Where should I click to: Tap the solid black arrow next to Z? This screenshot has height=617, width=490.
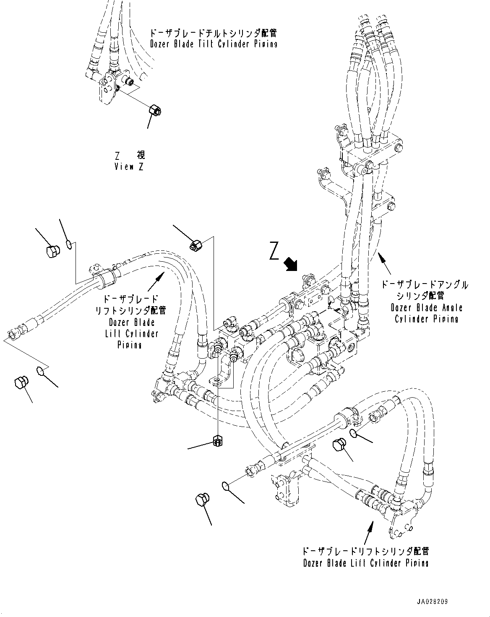click(291, 265)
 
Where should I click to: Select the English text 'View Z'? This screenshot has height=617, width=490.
click(129, 167)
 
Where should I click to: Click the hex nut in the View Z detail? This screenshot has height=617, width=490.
click(155, 111)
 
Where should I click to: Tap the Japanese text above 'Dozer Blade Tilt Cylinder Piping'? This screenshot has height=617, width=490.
click(213, 33)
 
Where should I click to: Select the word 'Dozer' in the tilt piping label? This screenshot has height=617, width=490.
click(161, 44)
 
